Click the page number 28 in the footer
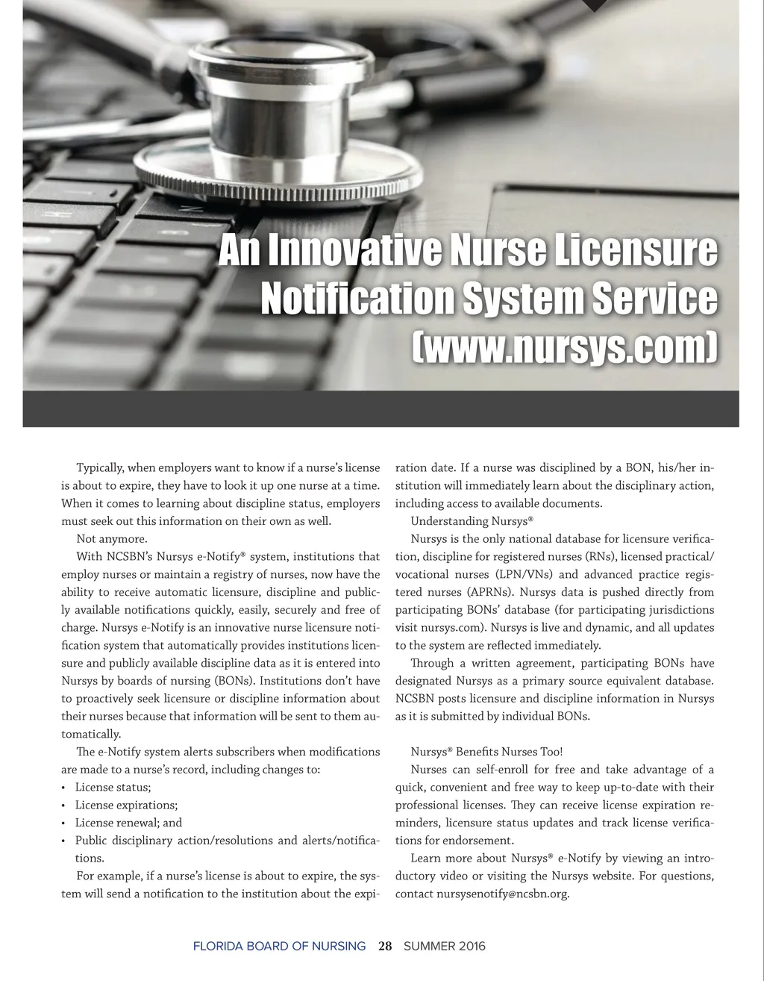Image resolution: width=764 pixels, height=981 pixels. (x=385, y=947)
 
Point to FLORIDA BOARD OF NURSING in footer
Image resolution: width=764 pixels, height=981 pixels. (x=279, y=947)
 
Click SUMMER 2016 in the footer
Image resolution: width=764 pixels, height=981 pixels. (x=444, y=947)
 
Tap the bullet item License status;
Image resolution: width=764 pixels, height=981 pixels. (x=113, y=788)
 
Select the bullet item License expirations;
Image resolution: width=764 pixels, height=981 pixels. (x=126, y=806)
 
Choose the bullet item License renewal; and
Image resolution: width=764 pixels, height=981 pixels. (x=128, y=823)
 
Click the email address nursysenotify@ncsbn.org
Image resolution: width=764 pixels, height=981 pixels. (x=503, y=894)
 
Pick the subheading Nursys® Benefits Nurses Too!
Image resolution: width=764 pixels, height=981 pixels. (x=486, y=752)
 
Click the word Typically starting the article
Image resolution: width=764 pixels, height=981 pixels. (x=100, y=468)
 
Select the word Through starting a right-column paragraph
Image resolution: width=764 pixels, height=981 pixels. (x=432, y=663)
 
